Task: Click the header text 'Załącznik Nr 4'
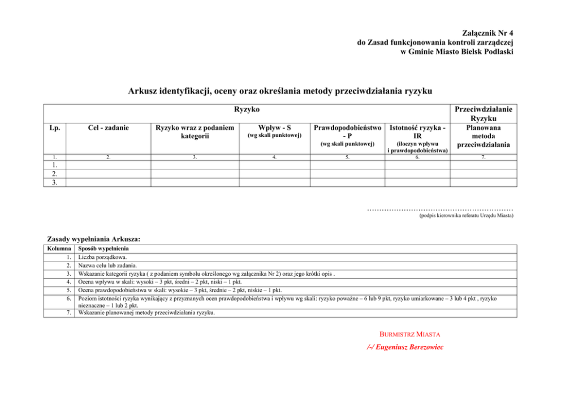pyautogui.click(x=488, y=33)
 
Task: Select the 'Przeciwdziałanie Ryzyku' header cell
pyautogui.click(x=481, y=113)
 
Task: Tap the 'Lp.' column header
pyautogui.click(x=55, y=129)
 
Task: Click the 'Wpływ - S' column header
pyautogui.click(x=274, y=129)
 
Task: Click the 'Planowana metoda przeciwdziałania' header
pyautogui.click(x=481, y=136)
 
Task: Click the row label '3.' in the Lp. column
pyautogui.click(x=55, y=182)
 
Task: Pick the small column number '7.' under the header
pyautogui.click(x=481, y=158)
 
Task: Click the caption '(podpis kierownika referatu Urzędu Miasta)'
pyautogui.click(x=465, y=216)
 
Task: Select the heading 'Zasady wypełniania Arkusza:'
pyautogui.click(x=93, y=240)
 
